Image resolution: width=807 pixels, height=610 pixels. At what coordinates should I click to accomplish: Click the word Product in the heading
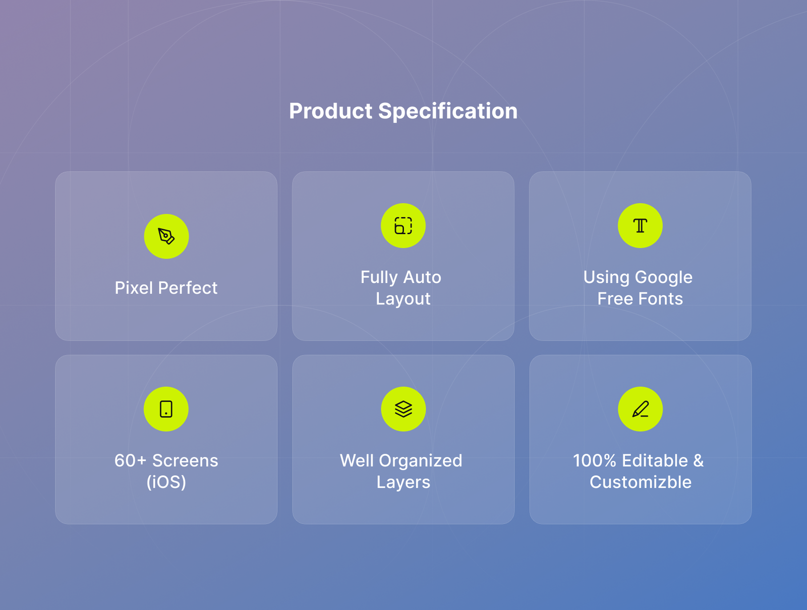[x=330, y=112]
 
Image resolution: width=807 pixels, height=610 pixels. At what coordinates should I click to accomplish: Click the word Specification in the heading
[x=448, y=112]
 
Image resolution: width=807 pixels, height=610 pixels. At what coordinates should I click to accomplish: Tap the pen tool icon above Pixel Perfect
[x=166, y=236]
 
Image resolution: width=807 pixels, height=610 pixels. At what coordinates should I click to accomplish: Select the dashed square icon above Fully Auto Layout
[x=403, y=226]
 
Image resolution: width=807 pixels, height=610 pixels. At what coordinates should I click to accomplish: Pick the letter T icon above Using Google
[x=640, y=226]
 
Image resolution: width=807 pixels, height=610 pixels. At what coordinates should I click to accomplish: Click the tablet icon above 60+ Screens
[x=166, y=409]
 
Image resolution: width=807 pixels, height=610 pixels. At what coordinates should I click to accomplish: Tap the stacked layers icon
[x=403, y=409]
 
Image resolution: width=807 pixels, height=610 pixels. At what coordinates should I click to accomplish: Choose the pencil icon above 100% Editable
[x=640, y=409]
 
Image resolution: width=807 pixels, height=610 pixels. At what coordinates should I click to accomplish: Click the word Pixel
[x=134, y=288]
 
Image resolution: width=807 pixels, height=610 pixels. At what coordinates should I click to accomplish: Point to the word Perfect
[x=188, y=288]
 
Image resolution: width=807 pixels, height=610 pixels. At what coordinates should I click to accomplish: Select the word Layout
[x=403, y=299]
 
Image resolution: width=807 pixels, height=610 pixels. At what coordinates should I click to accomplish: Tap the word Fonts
[x=661, y=299]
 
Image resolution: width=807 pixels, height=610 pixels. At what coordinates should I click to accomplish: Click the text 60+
[x=130, y=460]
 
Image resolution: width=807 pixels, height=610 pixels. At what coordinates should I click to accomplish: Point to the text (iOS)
[x=166, y=482]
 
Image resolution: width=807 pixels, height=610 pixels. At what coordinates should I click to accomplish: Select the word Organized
[x=421, y=461]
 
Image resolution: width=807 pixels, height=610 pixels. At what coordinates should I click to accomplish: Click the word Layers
[x=403, y=482]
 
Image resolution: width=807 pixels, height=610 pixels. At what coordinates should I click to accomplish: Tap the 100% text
[x=595, y=460]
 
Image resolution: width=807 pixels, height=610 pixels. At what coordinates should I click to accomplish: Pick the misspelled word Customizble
[x=641, y=482]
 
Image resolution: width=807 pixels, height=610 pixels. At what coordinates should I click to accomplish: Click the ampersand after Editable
[x=698, y=460]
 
